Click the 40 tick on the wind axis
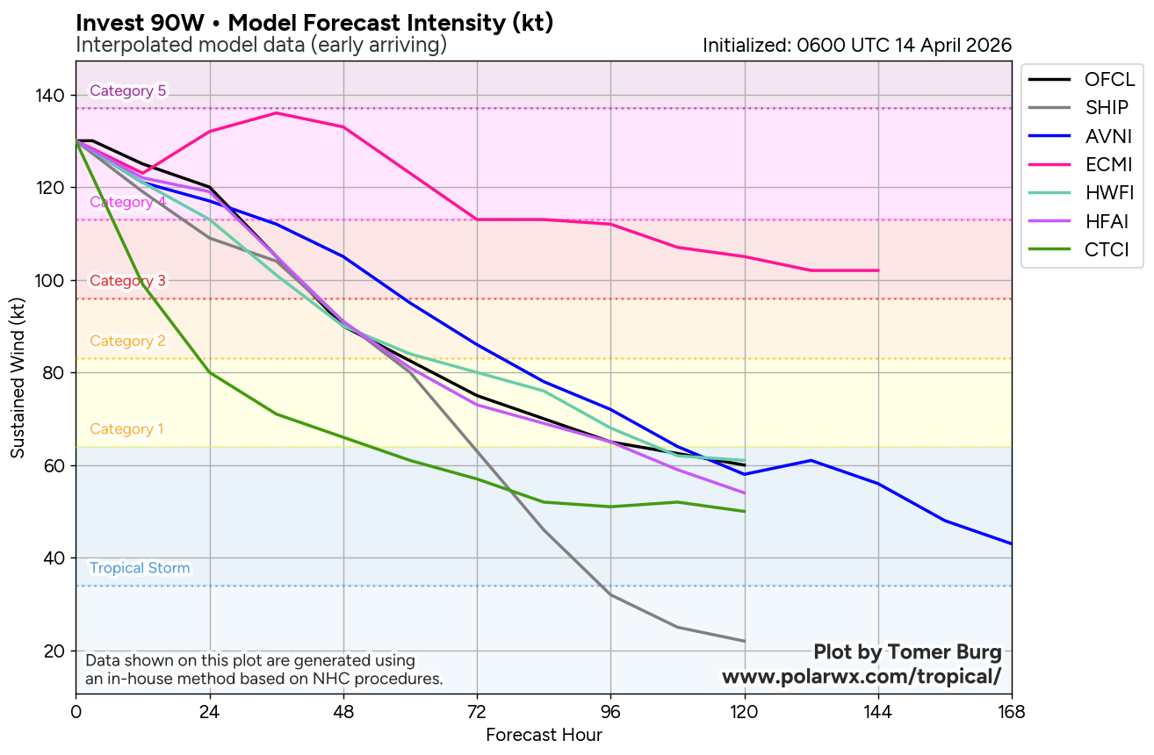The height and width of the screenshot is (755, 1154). point(56,558)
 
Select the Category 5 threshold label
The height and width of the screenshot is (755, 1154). point(127,90)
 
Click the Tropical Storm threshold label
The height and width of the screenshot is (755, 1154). point(140,568)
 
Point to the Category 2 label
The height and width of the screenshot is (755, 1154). point(127,341)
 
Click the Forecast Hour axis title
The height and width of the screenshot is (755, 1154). point(544,735)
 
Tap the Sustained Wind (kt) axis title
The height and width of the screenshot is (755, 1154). point(18,377)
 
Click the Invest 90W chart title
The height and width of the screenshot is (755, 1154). point(314,23)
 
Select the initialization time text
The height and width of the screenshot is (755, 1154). point(857,46)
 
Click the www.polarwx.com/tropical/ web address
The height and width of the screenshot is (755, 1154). point(862,676)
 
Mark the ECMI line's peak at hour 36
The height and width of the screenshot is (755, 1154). point(277,112)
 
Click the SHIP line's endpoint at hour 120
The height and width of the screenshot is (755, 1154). point(745,641)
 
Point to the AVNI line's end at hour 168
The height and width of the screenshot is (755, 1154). point(1011,543)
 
